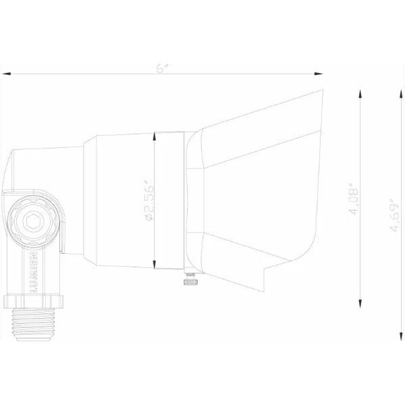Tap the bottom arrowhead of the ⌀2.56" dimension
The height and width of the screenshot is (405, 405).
point(156,265)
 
